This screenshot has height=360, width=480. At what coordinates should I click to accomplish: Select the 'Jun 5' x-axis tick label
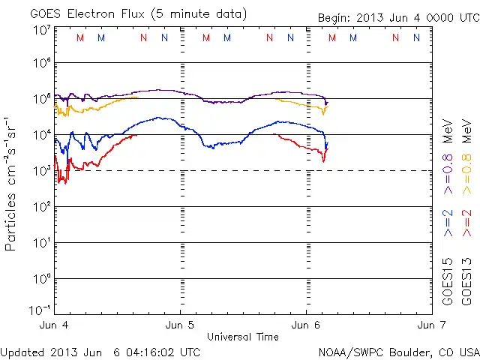point(180,325)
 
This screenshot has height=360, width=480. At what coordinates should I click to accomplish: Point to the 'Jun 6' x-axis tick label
point(305,325)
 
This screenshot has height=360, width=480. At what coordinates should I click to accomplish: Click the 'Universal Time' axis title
point(243,337)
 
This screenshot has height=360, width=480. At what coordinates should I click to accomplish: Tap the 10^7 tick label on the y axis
point(41,30)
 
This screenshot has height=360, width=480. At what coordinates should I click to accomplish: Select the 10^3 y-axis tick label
point(41,170)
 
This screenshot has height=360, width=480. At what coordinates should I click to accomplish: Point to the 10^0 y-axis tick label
point(41,278)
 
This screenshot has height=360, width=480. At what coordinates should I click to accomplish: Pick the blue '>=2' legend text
point(448,224)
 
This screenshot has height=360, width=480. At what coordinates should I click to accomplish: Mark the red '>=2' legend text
point(467,224)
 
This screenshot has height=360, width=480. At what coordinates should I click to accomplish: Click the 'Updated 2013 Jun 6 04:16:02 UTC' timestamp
point(100,352)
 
